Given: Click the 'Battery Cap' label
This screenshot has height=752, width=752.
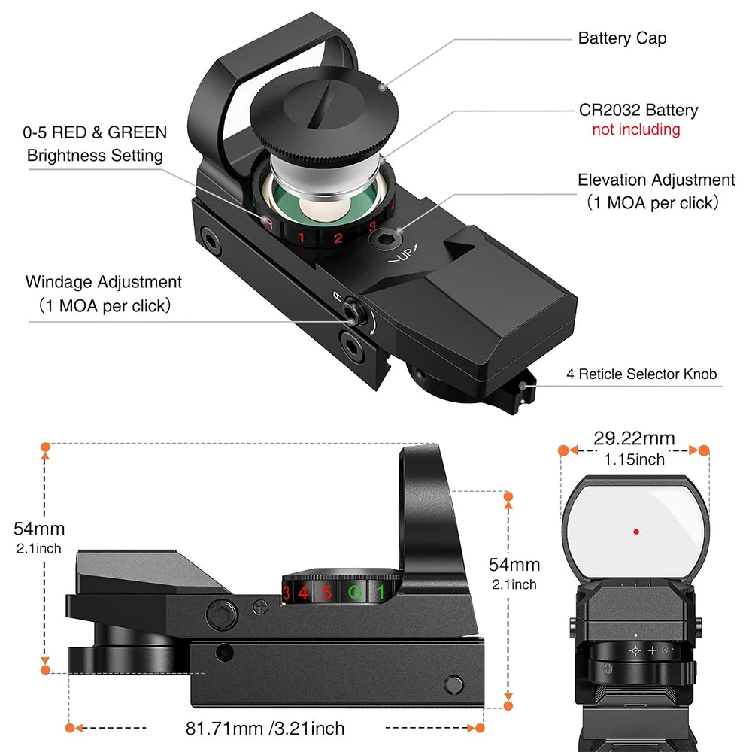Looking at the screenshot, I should point(622,38).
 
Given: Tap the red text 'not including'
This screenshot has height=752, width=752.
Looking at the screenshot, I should point(635,129).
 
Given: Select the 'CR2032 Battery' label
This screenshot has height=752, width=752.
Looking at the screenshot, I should point(638,110).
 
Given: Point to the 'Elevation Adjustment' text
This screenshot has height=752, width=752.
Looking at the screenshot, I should point(656,180).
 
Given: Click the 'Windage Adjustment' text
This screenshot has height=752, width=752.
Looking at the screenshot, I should point(104,282).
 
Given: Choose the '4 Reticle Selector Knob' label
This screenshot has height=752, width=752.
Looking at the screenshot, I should point(641,374).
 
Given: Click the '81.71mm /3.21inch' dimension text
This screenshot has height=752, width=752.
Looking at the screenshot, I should point(265,728).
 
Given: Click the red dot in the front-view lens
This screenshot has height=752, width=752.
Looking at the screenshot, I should point(636,531).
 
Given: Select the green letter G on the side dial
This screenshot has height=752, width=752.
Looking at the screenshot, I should point(353,593).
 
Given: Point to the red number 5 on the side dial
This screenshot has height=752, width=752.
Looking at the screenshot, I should point(326,593).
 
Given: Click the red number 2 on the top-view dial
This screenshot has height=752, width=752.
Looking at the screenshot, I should point(338,239).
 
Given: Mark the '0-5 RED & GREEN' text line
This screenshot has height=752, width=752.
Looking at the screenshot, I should point(95,133).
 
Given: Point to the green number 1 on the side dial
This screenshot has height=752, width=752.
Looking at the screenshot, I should point(381,593).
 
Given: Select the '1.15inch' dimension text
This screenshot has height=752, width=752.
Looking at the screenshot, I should point(634,459).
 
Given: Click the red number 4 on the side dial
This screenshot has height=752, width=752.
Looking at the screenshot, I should point(302,592).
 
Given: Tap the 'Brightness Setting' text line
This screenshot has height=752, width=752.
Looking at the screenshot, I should point(95,156).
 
